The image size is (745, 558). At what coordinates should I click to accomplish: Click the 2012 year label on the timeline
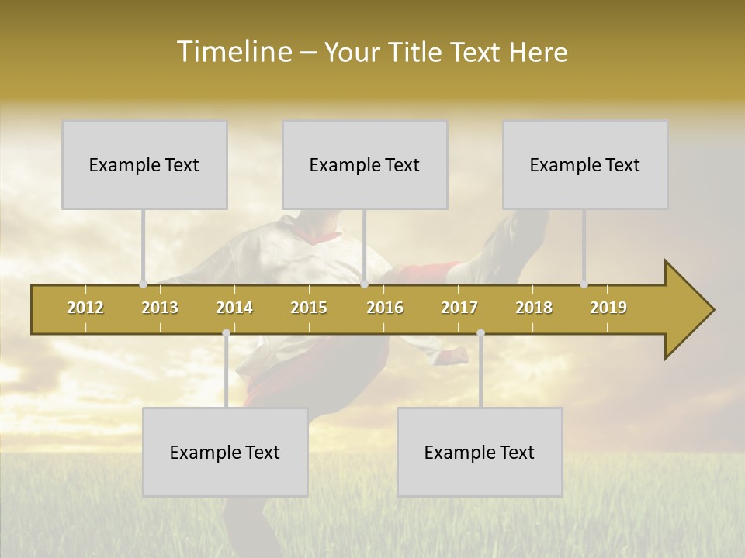click(x=85, y=308)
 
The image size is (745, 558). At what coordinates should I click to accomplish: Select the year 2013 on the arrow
click(x=160, y=308)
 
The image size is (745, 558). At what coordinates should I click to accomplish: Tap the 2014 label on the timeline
click(x=234, y=308)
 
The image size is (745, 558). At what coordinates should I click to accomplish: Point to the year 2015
click(x=309, y=308)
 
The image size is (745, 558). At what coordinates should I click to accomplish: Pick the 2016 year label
click(x=385, y=308)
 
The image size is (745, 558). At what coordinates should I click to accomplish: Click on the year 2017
click(x=459, y=308)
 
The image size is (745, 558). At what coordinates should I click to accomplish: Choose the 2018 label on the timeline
click(x=534, y=308)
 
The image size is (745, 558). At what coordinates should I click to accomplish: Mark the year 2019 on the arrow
click(x=608, y=308)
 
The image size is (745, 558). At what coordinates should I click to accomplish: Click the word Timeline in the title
click(x=234, y=52)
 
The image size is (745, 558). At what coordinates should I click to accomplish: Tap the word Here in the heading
click(x=538, y=53)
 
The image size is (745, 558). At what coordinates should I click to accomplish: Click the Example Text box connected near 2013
click(x=144, y=164)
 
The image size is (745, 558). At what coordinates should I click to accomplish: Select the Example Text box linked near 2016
click(x=365, y=164)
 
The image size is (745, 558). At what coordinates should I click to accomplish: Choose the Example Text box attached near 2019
click(x=585, y=164)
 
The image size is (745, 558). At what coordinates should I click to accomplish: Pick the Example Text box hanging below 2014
click(x=225, y=452)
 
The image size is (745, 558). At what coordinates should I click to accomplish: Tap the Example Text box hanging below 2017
click(x=480, y=452)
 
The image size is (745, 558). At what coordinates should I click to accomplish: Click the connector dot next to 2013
click(x=143, y=284)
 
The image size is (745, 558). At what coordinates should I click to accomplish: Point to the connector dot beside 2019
click(x=584, y=284)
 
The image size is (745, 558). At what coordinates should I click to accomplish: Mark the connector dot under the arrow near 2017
click(x=480, y=333)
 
